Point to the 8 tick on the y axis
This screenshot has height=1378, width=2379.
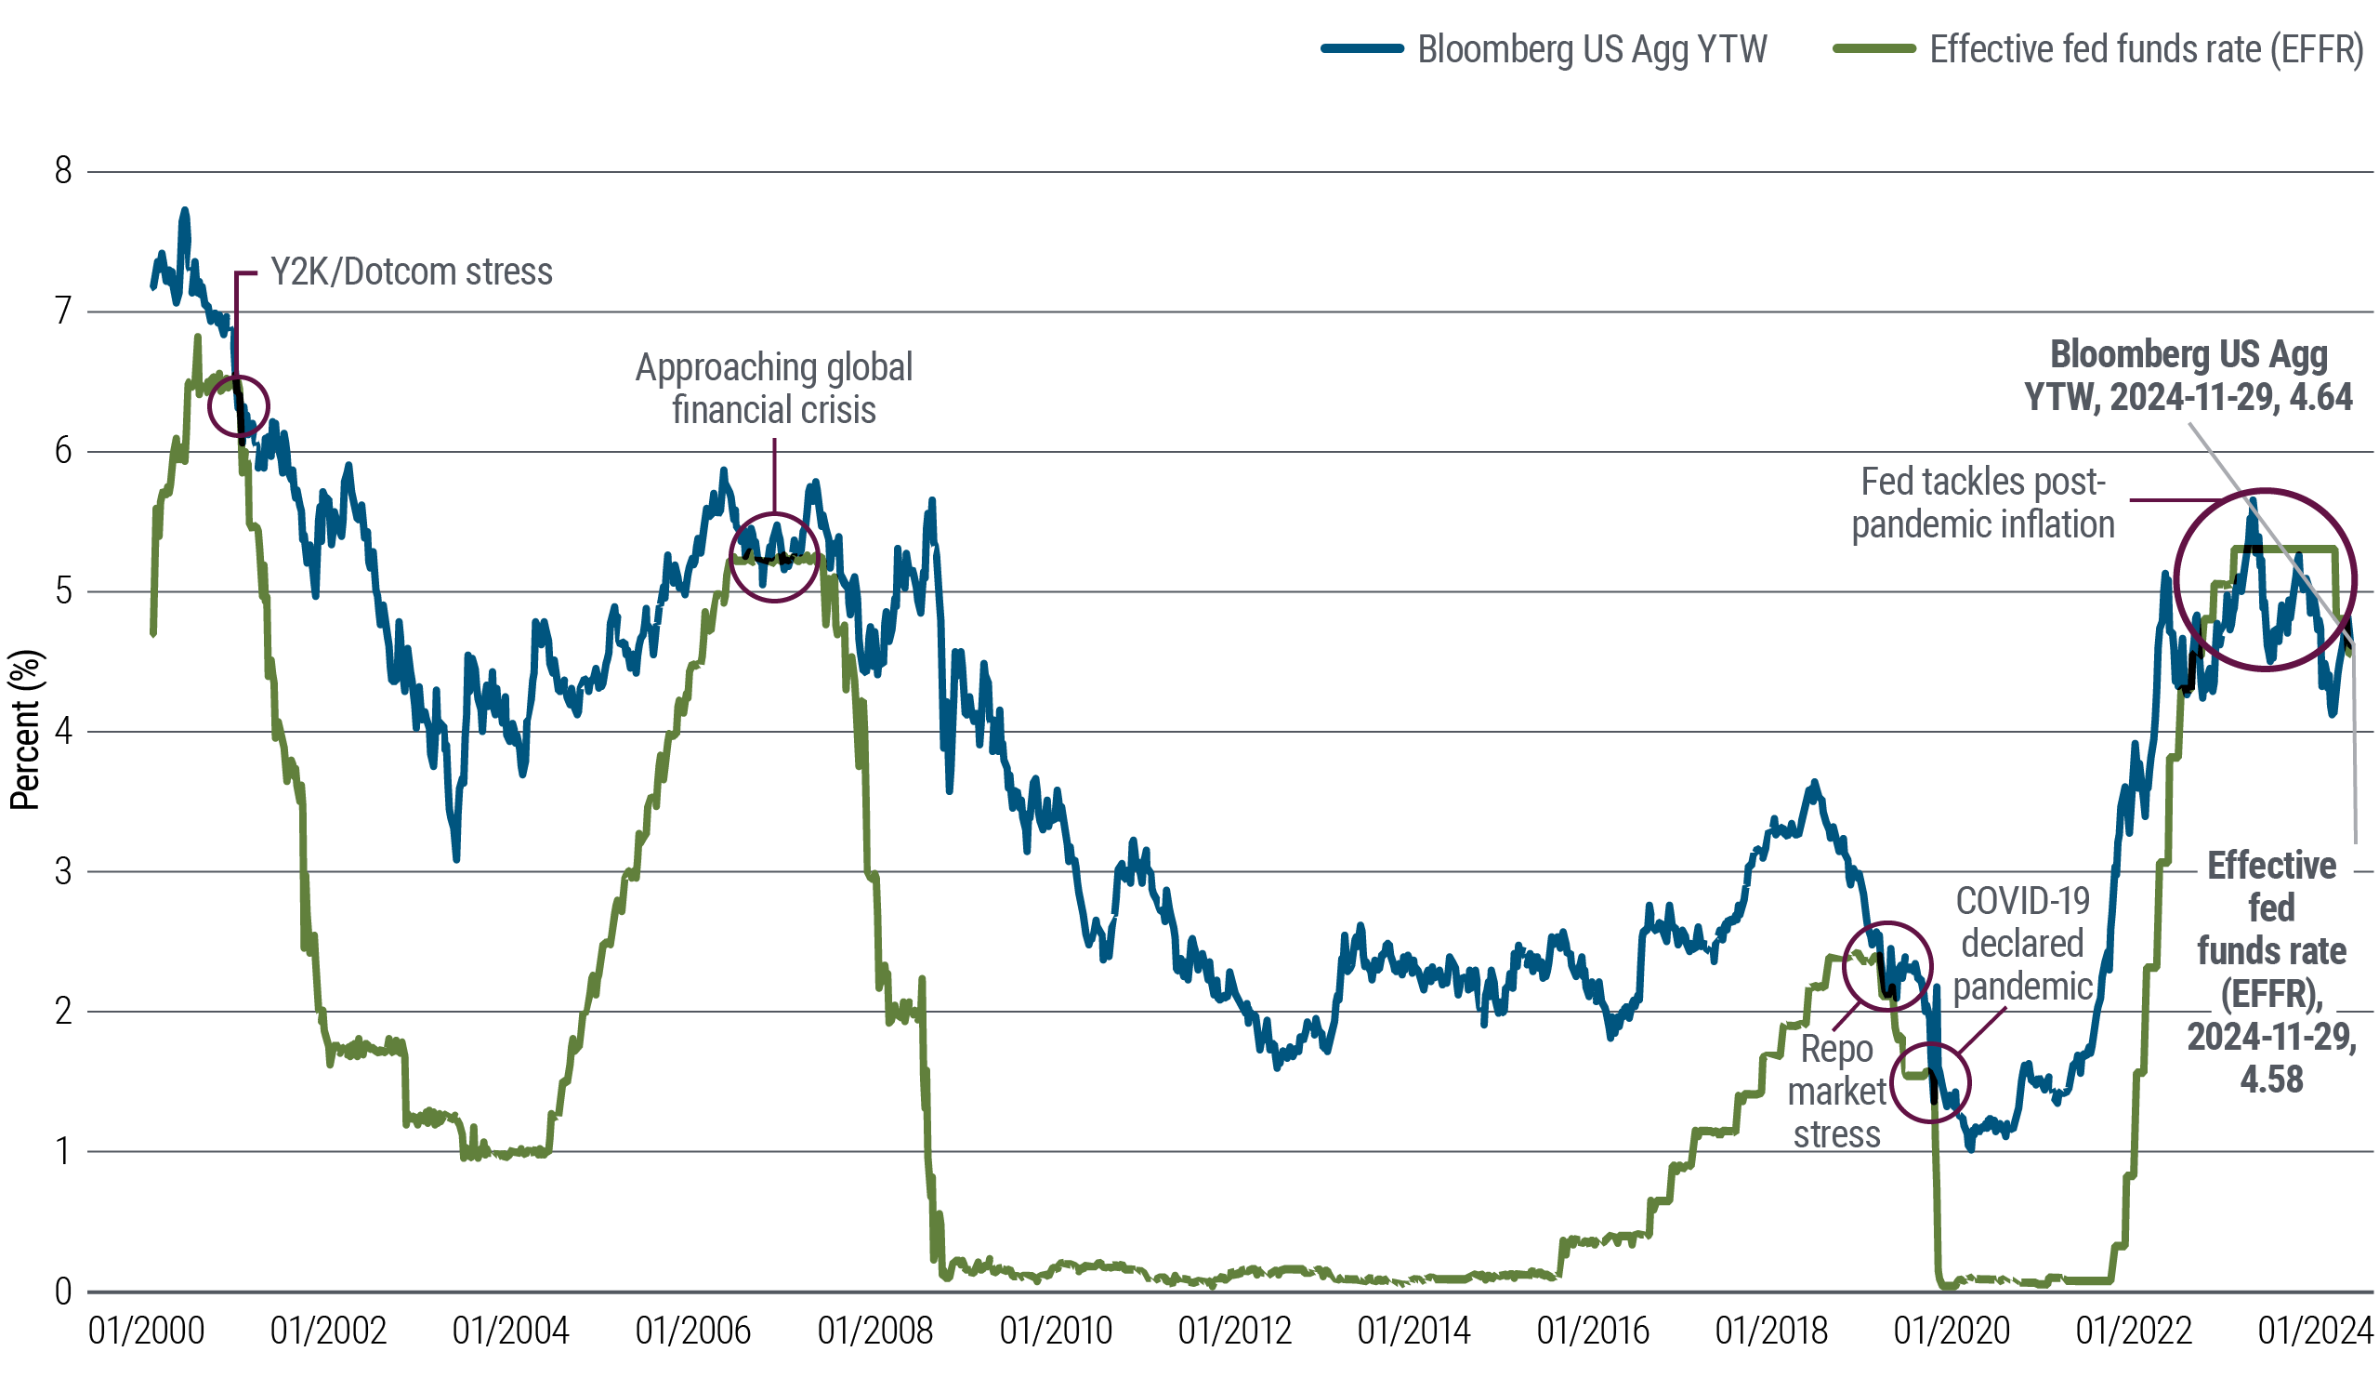tap(63, 171)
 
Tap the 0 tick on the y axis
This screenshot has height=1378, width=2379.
tap(63, 1292)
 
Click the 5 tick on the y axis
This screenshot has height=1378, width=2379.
tap(63, 591)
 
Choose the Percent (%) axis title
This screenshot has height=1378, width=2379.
tap(25, 729)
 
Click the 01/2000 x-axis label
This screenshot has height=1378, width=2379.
tap(146, 1332)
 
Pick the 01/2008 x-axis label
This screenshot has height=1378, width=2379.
tap(874, 1332)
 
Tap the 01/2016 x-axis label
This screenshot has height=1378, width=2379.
tap(1593, 1332)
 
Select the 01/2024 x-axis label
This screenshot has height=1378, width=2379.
tap(2315, 1332)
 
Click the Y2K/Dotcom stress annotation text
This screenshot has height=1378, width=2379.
tap(412, 272)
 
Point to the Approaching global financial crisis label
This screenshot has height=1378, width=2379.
tap(773, 388)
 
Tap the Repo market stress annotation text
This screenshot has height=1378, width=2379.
tap(1836, 1092)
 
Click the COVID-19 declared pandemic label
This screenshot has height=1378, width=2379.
tap(2022, 943)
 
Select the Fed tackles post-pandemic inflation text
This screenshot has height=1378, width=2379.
tap(1982, 502)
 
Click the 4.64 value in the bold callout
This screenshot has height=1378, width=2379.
tap(2320, 398)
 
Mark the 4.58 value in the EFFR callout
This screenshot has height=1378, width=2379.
tap(2271, 1080)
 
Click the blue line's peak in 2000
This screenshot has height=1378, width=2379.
tap(185, 212)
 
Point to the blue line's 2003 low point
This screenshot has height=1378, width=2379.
tap(456, 857)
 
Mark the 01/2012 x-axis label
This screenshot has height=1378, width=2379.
tap(1234, 1332)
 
